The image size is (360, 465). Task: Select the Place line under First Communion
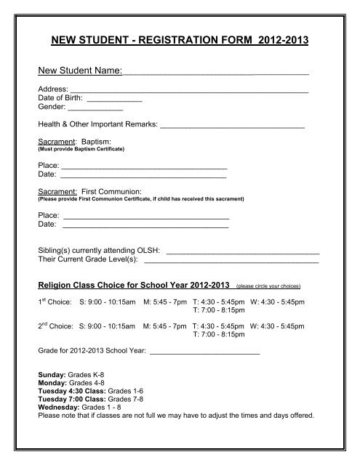point(146,218)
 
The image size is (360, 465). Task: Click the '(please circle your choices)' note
point(268,286)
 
